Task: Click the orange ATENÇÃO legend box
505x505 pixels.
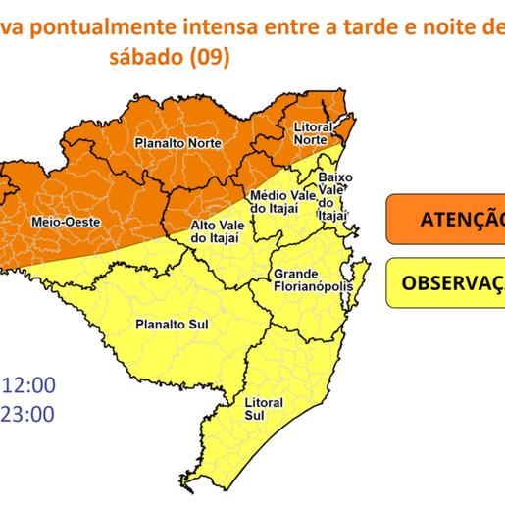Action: pos(447,221)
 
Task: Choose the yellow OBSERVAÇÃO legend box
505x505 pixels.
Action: pos(447,284)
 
